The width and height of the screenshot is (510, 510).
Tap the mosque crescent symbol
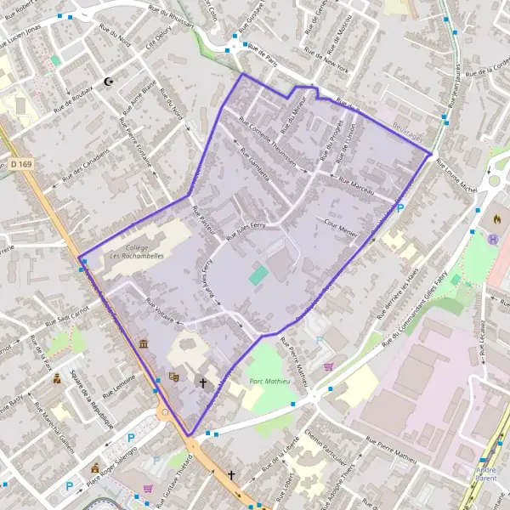[x=108, y=82]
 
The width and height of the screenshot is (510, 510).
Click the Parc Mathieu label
[x=267, y=382]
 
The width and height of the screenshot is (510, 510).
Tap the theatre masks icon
[x=175, y=376]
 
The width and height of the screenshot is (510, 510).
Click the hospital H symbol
[x=492, y=238]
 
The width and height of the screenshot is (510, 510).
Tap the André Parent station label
[x=486, y=474]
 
